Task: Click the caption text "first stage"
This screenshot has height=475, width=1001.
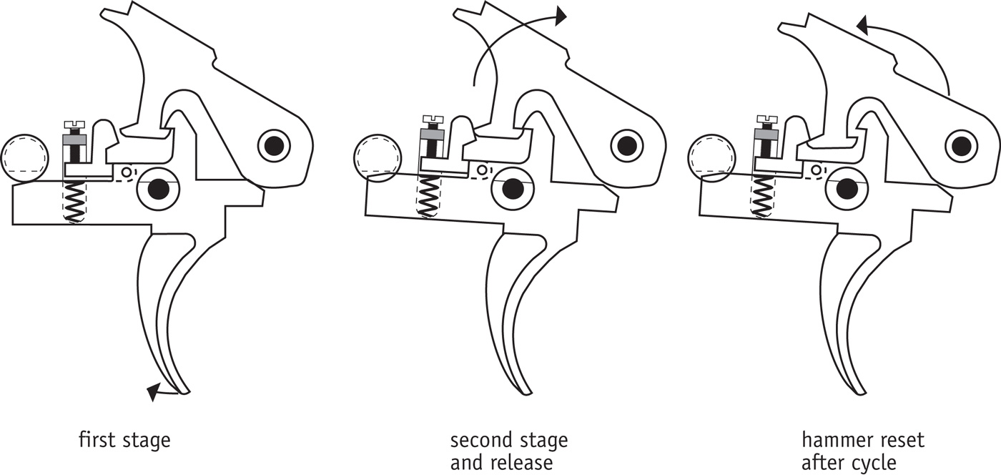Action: point(124,439)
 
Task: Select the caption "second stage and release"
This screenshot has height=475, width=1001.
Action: point(508,451)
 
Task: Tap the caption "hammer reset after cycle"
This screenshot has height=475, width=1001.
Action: point(862,451)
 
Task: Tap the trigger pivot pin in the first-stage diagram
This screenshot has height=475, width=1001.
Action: point(158,189)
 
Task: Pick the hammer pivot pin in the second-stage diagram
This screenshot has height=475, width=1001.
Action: point(626,146)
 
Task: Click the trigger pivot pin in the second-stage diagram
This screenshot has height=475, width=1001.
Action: point(511,189)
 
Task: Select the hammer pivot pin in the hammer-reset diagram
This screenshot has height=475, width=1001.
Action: point(961,146)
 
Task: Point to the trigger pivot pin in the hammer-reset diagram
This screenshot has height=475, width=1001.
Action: point(847,189)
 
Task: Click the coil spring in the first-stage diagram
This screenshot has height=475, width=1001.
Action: point(74,200)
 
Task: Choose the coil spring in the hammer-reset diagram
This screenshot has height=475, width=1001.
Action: point(763,195)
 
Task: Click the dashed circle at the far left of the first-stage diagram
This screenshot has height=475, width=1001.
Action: point(25,157)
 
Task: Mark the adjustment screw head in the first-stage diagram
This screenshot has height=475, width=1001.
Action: point(74,126)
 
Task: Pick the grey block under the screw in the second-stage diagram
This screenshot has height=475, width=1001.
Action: point(432,133)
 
